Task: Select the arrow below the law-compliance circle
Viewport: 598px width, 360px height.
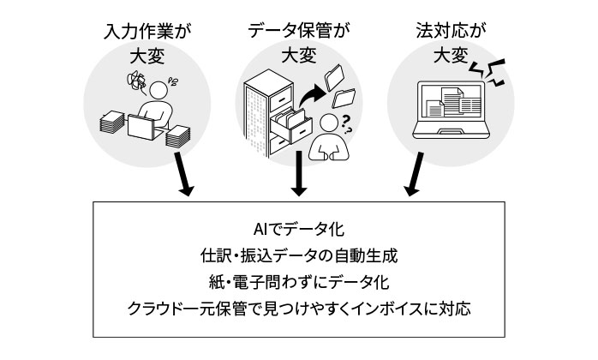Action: click(414, 175)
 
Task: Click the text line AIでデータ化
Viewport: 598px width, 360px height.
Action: click(298, 231)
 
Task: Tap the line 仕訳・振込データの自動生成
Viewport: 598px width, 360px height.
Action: click(298, 255)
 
